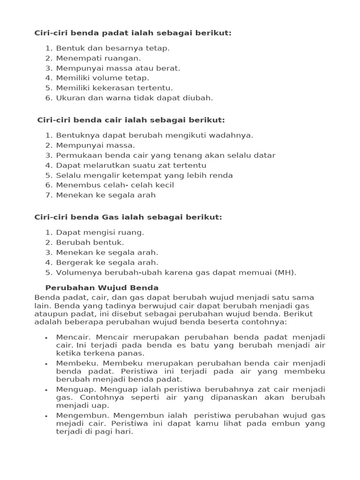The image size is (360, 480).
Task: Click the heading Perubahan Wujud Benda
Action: [102, 288]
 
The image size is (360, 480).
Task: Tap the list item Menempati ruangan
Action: [98, 58]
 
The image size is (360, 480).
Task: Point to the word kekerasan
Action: [109, 88]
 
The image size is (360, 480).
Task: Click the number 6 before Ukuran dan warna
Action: [48, 98]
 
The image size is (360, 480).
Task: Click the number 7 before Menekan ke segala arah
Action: [48, 195]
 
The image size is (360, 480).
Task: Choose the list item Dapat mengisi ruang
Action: [100, 232]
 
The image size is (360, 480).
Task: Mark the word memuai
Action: [257, 272]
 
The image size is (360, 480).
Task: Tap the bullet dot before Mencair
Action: [46, 338]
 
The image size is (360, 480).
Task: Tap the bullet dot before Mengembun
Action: [46, 416]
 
